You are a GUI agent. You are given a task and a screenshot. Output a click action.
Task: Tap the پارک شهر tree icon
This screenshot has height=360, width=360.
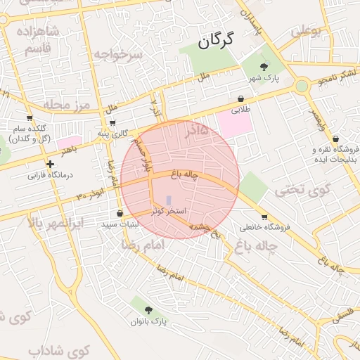[264, 66]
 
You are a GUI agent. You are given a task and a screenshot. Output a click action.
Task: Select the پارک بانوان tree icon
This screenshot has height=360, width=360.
[148, 310]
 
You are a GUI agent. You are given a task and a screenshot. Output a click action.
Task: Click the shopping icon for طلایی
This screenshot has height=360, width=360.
[241, 99]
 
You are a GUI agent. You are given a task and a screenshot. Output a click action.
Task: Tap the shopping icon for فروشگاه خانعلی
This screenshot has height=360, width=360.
[264, 217]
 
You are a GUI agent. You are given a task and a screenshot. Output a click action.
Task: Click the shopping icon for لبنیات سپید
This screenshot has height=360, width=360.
[120, 213]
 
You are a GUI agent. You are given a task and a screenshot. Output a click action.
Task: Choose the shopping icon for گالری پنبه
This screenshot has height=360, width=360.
[112, 122]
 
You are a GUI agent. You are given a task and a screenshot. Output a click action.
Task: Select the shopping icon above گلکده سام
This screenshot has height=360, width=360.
[30, 117]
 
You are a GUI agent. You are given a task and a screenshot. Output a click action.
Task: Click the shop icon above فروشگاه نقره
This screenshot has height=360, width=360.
[335, 139]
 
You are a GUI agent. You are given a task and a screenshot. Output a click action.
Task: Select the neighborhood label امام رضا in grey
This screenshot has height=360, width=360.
[143, 245]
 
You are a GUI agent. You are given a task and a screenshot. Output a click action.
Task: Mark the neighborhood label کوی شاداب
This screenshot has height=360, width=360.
[60, 349]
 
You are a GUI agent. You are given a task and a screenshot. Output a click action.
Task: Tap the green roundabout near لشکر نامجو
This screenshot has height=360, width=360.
[302, 86]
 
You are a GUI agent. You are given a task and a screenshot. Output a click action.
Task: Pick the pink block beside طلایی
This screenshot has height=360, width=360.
[234, 124]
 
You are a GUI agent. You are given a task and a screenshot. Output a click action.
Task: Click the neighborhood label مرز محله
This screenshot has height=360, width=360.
[68, 105]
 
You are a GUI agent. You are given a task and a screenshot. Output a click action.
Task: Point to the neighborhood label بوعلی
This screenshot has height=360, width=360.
[305, 31]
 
